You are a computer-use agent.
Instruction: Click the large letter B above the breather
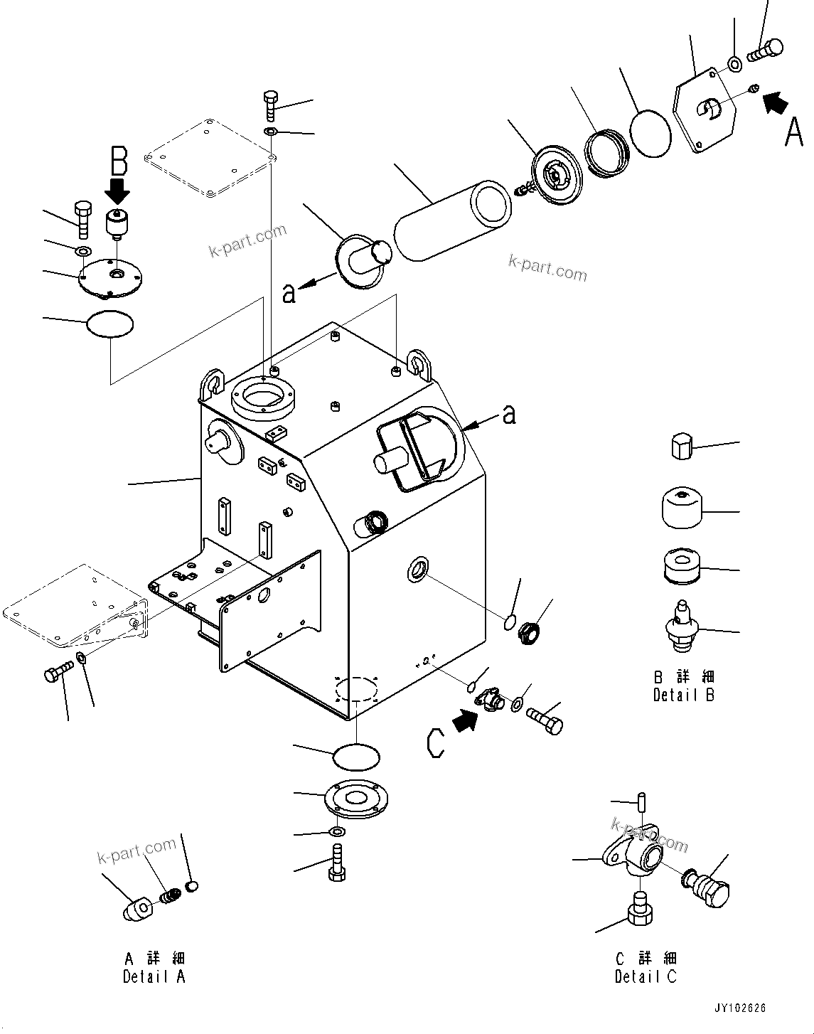tap(118, 161)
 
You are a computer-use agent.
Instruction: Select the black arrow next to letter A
tap(776, 102)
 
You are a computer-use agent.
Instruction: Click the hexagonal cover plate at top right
tap(704, 110)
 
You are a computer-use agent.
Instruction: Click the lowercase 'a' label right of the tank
tap(509, 415)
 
